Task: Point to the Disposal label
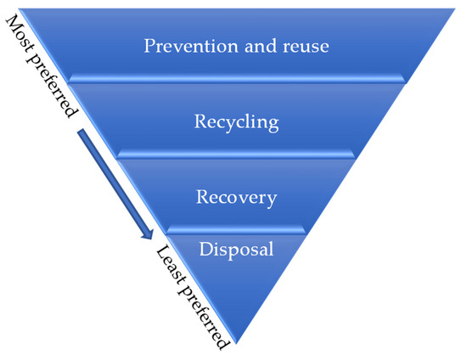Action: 235,249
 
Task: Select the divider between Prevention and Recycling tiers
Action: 235,79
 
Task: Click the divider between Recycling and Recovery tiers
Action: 235,155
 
